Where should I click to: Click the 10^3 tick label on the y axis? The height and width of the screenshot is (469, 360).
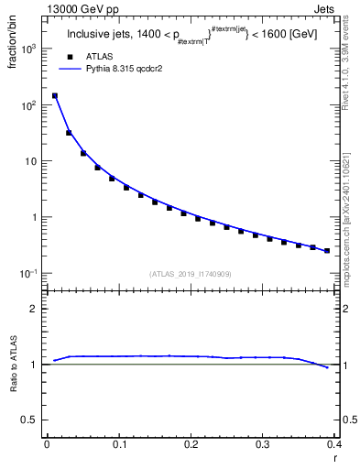(x=29, y=49)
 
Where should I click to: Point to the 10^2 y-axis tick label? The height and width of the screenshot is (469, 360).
(x=29, y=105)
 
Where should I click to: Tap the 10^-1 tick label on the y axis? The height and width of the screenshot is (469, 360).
(x=29, y=274)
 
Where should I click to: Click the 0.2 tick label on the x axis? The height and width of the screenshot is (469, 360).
(x=190, y=444)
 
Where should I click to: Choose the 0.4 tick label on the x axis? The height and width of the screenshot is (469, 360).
(x=333, y=444)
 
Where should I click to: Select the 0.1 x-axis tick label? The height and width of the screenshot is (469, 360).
(x=118, y=444)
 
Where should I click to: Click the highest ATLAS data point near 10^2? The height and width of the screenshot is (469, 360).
(x=55, y=95)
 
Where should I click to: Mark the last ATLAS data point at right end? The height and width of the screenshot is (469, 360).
(x=327, y=250)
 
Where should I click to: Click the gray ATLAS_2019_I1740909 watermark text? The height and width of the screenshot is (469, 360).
(x=190, y=274)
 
